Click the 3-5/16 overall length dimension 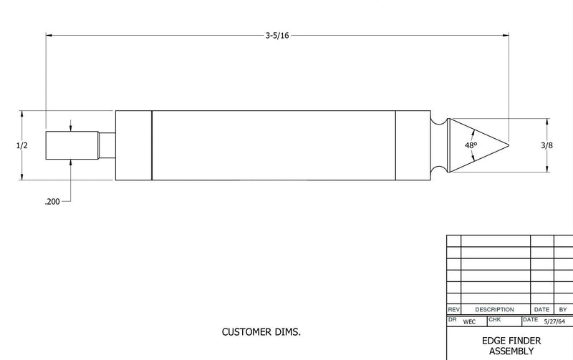[x=276, y=35]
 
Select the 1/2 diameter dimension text [x=21, y=145]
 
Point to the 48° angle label [x=471, y=145]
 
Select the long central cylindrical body [x=274, y=145]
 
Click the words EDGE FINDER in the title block [x=510, y=341]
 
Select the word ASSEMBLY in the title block [x=510, y=351]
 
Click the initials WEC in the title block [x=470, y=322]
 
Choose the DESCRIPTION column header [x=495, y=309]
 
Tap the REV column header [x=453, y=309]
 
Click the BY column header [x=562, y=309]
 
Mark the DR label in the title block [x=452, y=318]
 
